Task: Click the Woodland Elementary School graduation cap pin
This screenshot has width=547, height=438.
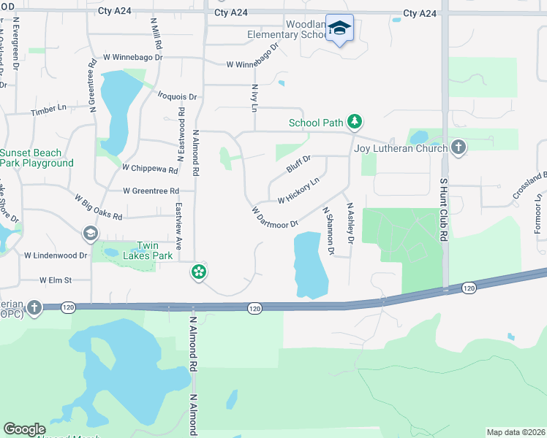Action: pyautogui.click(x=339, y=28)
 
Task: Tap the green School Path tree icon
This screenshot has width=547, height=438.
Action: pyautogui.click(x=355, y=122)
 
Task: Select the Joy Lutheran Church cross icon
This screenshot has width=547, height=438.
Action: pyautogui.click(x=459, y=148)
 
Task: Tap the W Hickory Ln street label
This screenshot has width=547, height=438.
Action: pyautogui.click(x=298, y=191)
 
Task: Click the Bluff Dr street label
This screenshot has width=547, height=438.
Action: pyautogui.click(x=298, y=164)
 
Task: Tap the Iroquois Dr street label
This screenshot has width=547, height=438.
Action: pyautogui.click(x=178, y=96)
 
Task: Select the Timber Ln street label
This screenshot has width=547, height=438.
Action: pyautogui.click(x=48, y=110)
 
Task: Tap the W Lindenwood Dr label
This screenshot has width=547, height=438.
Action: pyautogui.click(x=56, y=255)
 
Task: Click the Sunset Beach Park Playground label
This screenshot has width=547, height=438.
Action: pyautogui.click(x=37, y=158)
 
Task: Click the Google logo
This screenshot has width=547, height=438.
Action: pyautogui.click(x=24, y=429)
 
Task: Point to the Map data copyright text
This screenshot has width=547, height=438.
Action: pyautogui.click(x=516, y=432)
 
